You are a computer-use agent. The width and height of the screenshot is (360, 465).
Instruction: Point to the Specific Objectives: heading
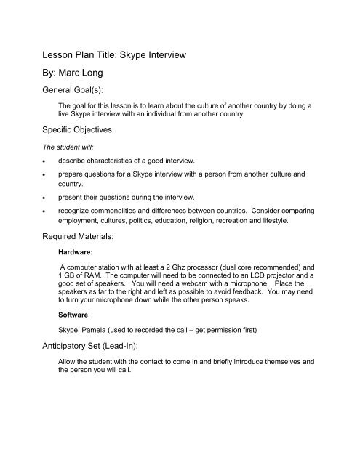[76, 135]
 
